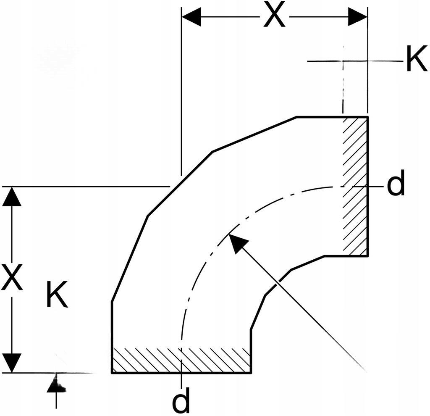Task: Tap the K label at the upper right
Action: (417, 58)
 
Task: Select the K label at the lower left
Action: (57, 294)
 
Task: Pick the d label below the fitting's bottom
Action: (181, 400)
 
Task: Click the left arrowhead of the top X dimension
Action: (191, 17)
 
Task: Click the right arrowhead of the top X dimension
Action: (358, 17)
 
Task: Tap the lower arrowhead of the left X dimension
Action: (11, 363)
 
